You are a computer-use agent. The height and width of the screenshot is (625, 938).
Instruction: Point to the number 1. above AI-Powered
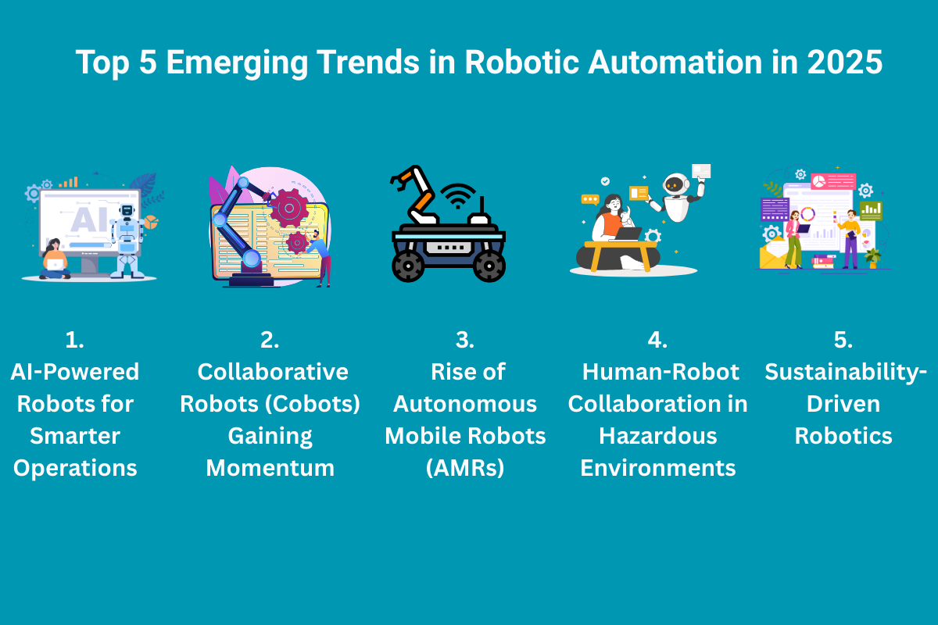pos(75,340)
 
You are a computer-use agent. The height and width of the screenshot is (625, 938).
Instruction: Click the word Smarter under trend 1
pos(75,436)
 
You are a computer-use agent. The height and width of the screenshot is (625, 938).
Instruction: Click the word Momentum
pos(270,468)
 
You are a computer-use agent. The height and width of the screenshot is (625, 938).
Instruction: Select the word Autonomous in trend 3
pos(465,404)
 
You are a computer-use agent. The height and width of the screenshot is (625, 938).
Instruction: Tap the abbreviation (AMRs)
pos(465,468)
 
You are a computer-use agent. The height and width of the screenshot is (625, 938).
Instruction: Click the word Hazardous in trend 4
pos(657,436)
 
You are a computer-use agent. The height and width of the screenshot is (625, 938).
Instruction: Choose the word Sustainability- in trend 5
pos(843,372)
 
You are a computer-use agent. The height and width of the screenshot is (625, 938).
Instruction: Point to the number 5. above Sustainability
pos(843,340)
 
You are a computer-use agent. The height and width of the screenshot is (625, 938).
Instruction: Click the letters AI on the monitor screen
pos(88,220)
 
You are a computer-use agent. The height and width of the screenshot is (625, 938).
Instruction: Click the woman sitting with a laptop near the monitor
pos(55,260)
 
